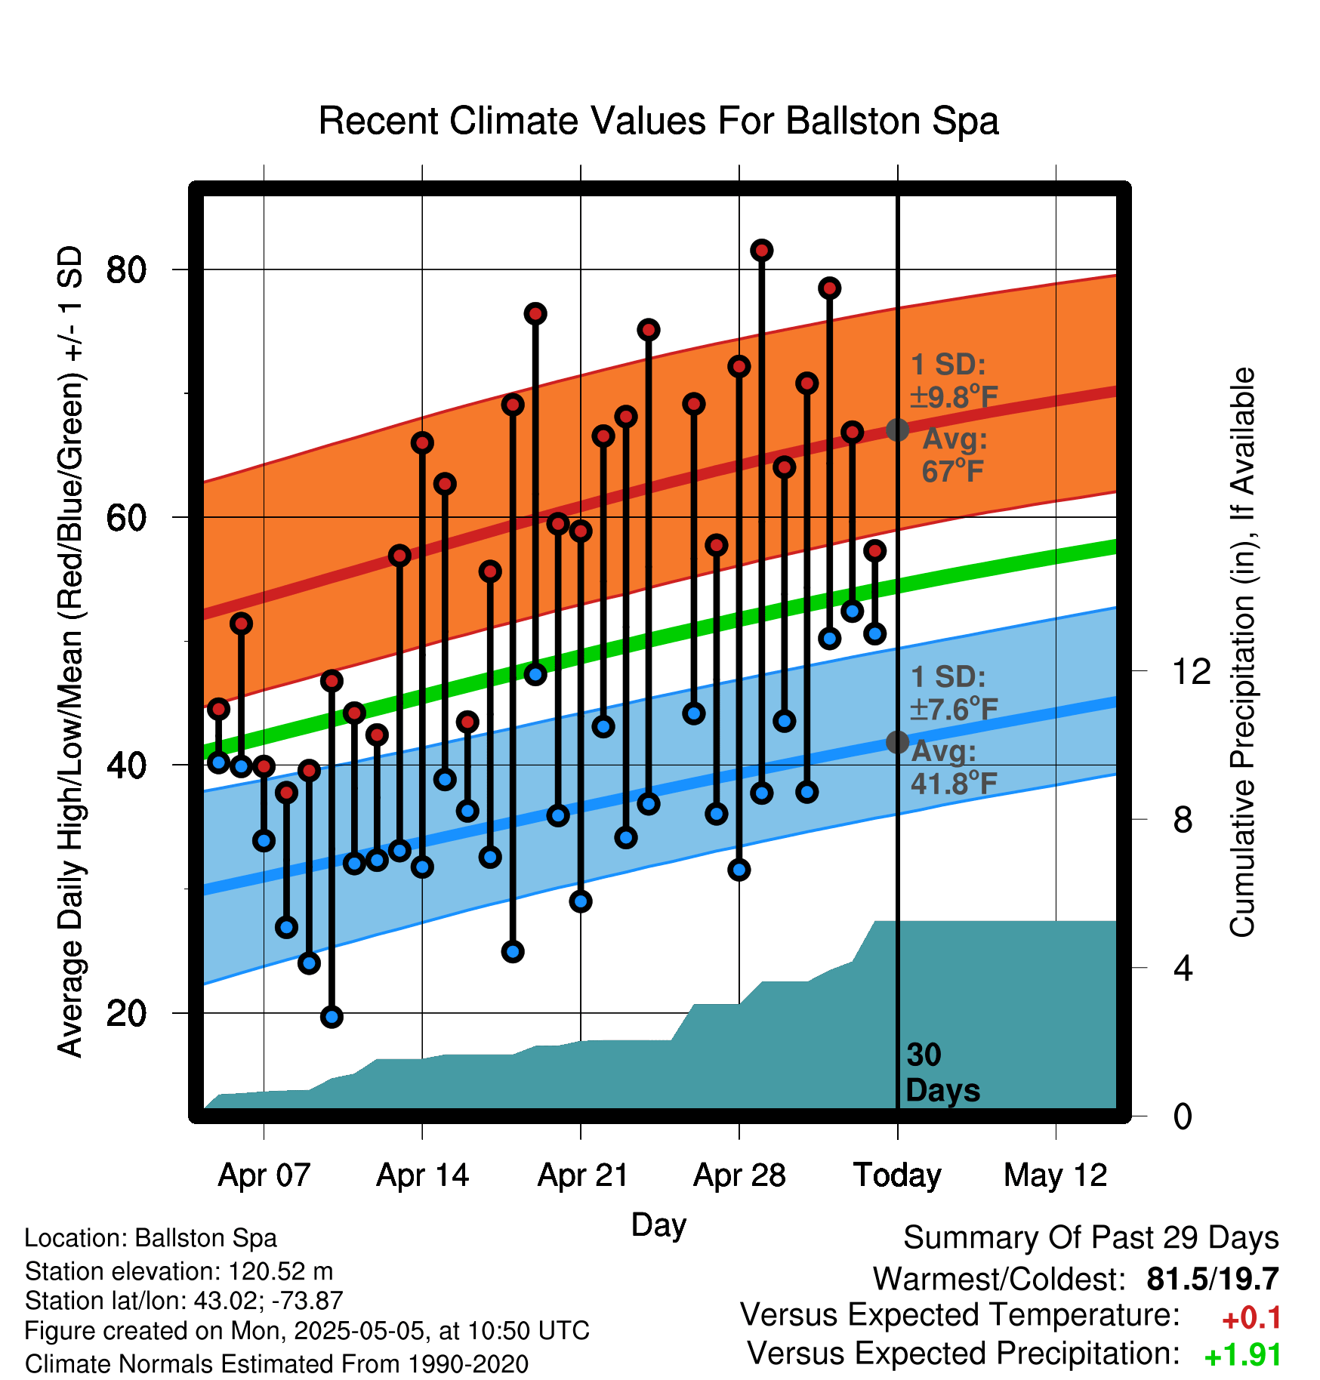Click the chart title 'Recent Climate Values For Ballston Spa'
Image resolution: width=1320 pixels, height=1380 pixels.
tap(658, 121)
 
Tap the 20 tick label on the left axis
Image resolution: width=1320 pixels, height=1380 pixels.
tap(125, 1013)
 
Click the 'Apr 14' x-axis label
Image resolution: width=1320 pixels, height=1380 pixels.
tap(422, 1175)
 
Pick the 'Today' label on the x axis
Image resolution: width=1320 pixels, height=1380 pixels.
tap(897, 1175)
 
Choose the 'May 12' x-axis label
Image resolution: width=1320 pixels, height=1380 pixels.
tap(1056, 1175)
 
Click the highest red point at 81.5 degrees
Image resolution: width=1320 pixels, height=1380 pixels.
tap(762, 250)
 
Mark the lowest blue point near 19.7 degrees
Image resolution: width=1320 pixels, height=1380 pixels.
tap(332, 1017)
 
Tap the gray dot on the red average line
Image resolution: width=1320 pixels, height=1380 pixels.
tap(897, 430)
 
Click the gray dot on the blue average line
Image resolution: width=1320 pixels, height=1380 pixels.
tap(897, 742)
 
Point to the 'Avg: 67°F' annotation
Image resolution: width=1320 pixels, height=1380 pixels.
tap(954, 454)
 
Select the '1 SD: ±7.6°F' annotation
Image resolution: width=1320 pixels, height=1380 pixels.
tap(954, 693)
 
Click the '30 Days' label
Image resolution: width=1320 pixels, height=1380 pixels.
tap(942, 1073)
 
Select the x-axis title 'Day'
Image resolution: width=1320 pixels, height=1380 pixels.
tap(658, 1224)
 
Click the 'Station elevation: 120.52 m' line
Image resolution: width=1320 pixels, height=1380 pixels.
tap(179, 1271)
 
